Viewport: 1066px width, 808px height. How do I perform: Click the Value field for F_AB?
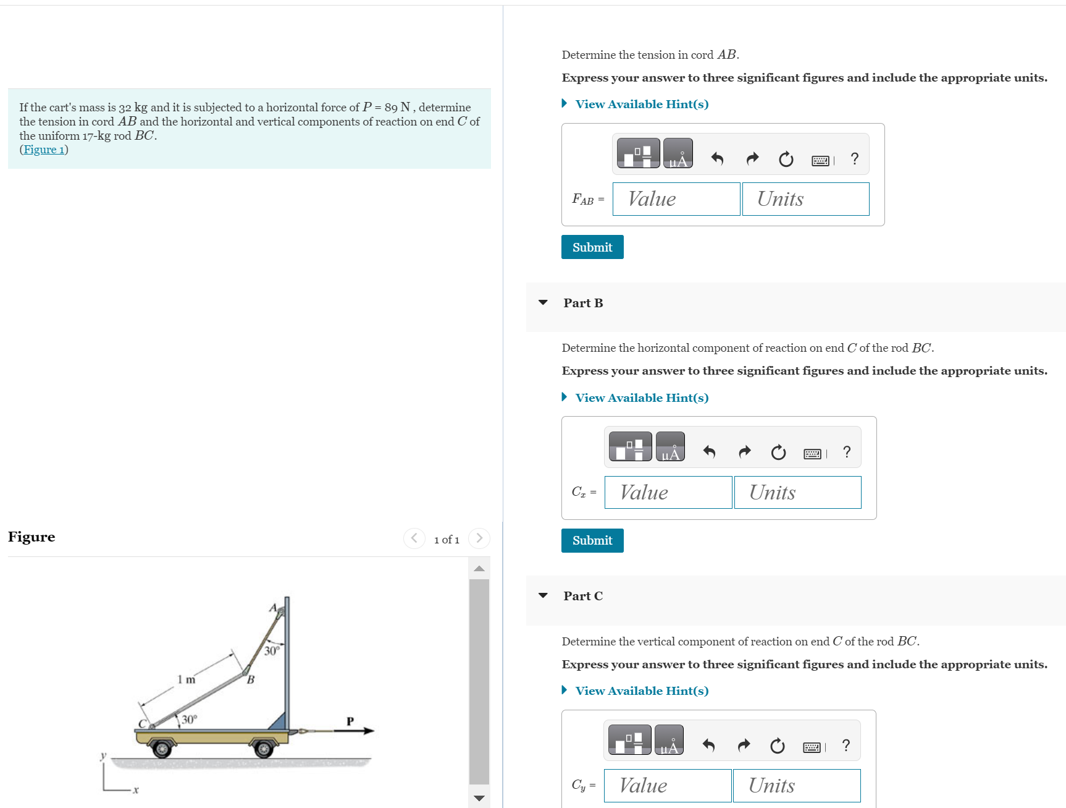click(676, 199)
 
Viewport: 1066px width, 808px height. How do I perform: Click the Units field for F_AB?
click(805, 199)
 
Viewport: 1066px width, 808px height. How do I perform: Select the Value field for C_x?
click(668, 493)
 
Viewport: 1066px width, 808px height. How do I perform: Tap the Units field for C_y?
click(796, 786)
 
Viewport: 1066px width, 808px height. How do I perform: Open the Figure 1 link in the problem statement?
click(44, 150)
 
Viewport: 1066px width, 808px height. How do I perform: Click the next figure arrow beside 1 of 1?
click(479, 538)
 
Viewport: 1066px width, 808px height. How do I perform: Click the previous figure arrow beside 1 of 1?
click(414, 538)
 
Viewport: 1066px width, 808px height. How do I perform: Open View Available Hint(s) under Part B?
click(641, 398)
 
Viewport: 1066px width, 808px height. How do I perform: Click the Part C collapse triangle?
click(543, 596)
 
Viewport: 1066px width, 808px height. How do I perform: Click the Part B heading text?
click(582, 303)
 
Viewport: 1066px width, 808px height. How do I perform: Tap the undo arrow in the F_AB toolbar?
click(717, 159)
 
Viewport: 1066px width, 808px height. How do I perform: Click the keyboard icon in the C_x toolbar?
click(812, 454)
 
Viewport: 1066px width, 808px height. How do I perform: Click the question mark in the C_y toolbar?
click(846, 746)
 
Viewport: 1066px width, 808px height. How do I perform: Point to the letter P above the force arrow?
click(350, 721)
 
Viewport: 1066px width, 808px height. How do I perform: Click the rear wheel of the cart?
click(162, 749)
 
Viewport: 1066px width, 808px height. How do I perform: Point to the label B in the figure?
click(251, 680)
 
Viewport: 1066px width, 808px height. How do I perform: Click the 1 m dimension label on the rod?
click(186, 680)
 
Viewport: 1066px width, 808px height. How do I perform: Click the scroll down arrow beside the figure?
click(479, 798)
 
